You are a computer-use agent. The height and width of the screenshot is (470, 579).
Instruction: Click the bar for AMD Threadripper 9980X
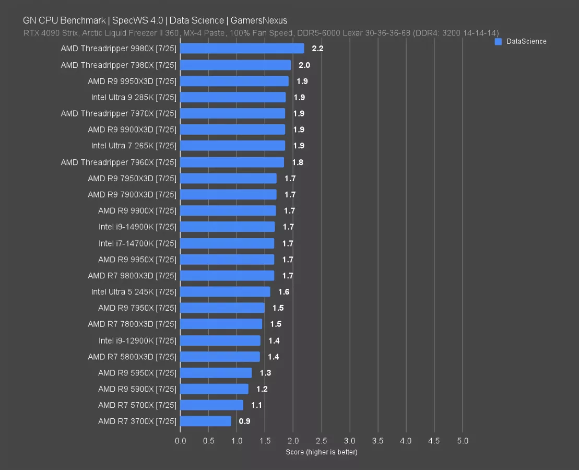pos(242,49)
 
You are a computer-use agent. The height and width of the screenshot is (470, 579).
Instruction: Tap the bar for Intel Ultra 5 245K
pos(225,291)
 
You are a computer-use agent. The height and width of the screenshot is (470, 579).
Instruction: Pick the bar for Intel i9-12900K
pos(220,340)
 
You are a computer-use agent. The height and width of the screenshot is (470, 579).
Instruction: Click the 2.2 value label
pos(318,49)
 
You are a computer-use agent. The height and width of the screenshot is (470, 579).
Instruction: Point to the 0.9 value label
pos(244,421)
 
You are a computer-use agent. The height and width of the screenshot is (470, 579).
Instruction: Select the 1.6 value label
pos(283,292)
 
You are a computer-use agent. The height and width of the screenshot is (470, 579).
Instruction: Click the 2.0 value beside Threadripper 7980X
pos(304,65)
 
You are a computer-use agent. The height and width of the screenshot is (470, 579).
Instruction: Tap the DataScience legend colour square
pos(498,41)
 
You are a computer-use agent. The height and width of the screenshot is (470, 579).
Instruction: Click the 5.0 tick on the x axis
pos(463,441)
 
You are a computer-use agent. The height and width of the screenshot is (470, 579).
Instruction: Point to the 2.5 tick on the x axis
pos(321,441)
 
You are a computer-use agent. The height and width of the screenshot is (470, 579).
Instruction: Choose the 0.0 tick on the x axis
pos(181,441)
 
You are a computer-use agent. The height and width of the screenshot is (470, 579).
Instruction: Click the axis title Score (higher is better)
pos(322,452)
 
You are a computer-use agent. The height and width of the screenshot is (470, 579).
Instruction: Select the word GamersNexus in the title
pos(259,20)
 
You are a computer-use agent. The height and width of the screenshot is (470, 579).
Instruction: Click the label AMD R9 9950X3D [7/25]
pos(132,81)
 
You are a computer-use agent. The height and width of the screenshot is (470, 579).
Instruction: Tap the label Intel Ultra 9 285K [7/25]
pos(134,97)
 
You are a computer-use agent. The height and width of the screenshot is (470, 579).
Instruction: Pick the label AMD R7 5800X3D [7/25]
pos(132,356)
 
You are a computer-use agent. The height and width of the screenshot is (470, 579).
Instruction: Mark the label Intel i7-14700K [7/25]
pos(137,243)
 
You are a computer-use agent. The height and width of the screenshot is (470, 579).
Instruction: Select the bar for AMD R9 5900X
pos(214,389)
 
